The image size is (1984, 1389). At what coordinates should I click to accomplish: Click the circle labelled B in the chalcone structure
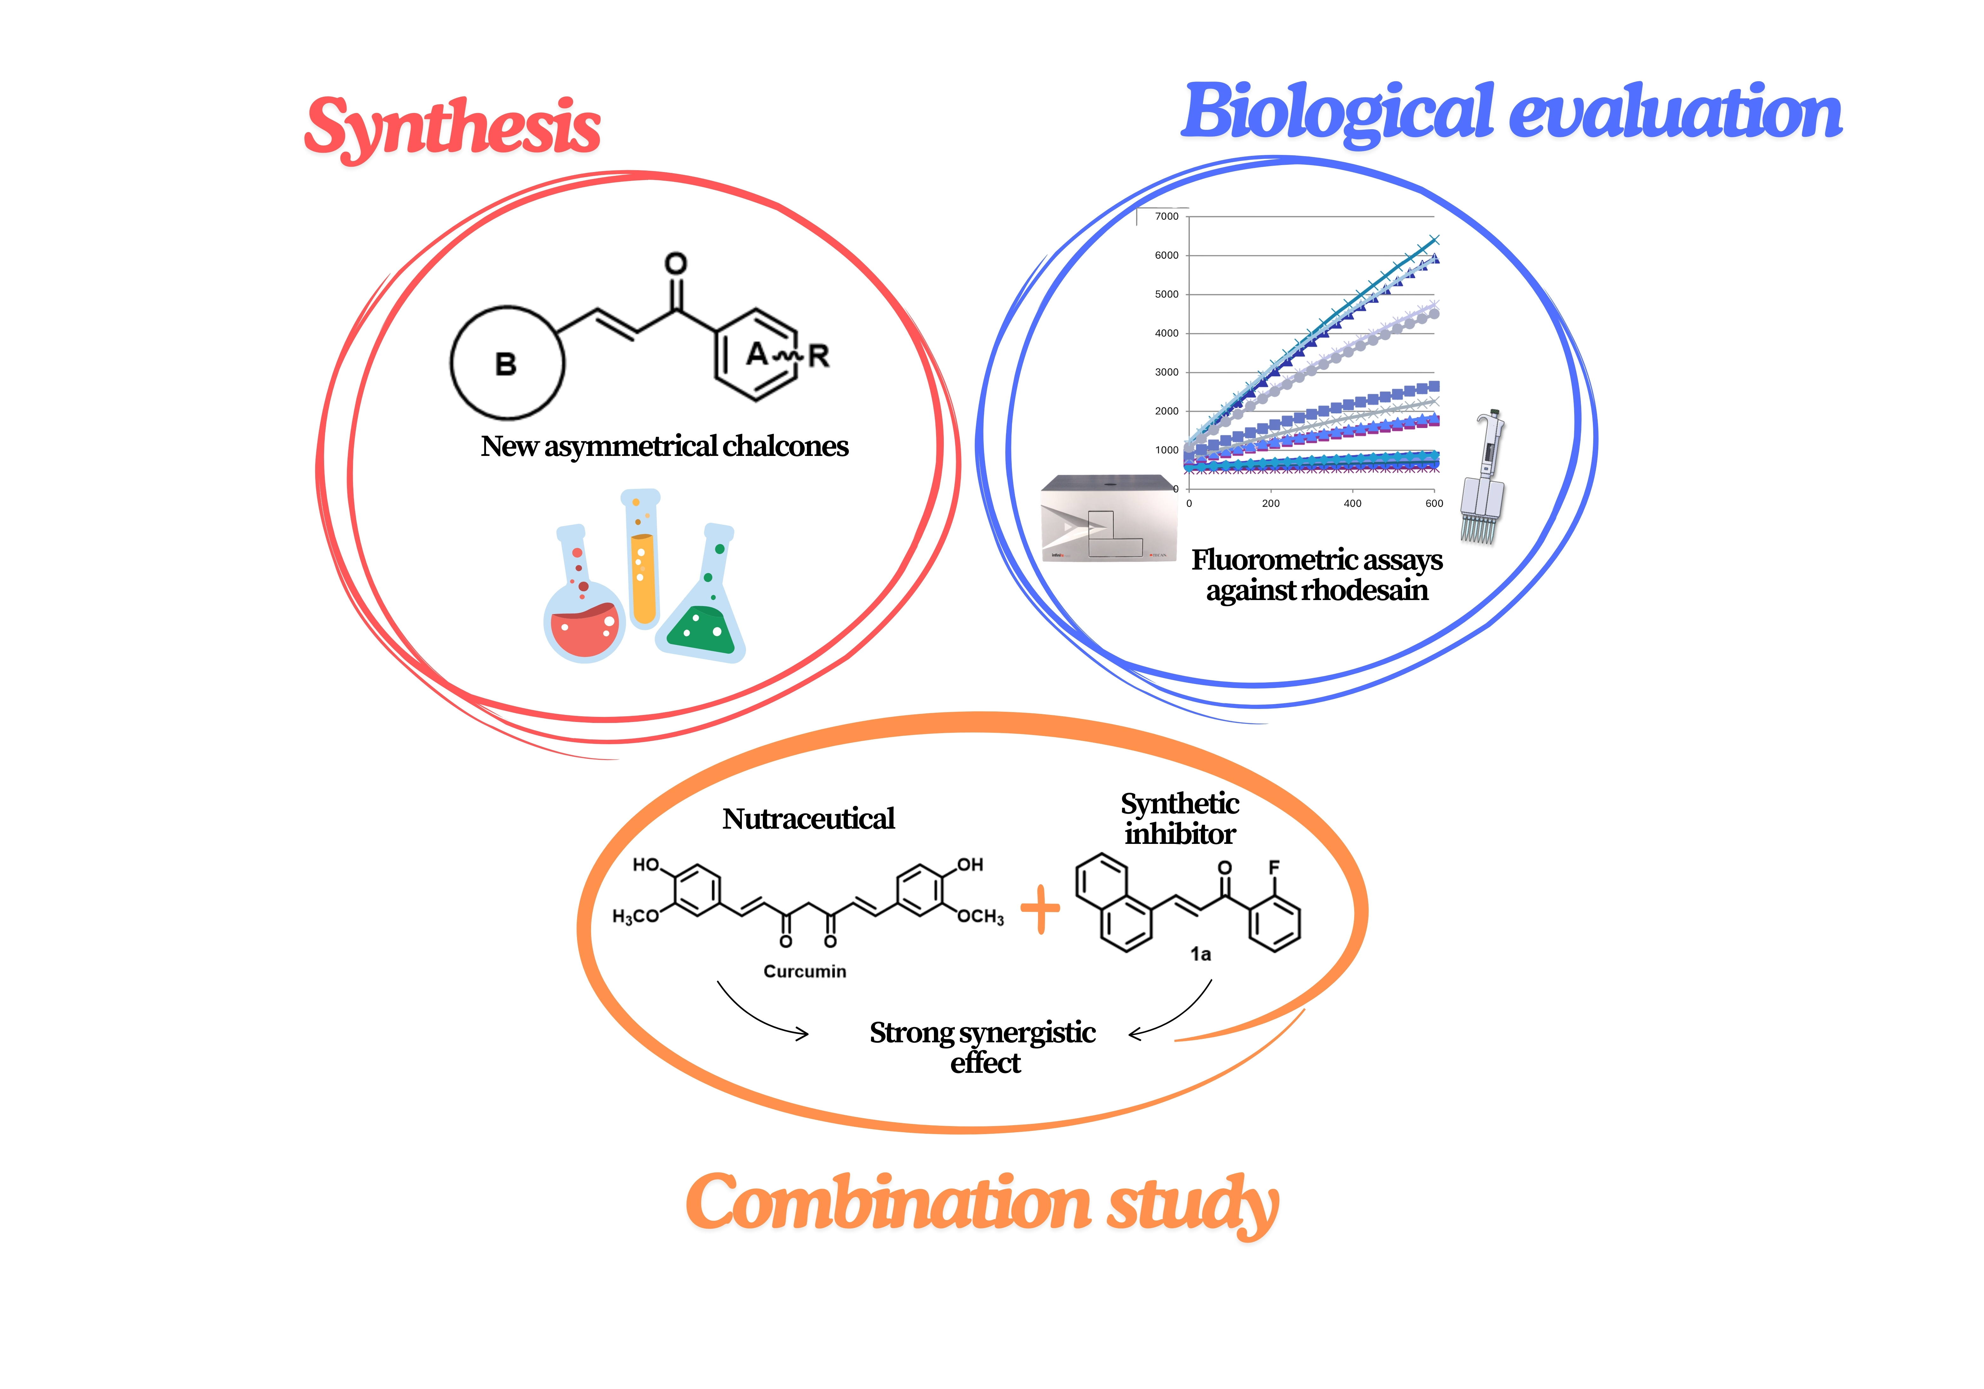pyautogui.click(x=507, y=363)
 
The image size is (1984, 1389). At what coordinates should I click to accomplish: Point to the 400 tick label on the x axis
pyautogui.click(x=1352, y=503)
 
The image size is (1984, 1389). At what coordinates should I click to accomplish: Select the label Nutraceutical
pyautogui.click(x=808, y=818)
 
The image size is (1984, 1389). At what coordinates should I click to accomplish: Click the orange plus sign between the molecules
pyautogui.click(x=1040, y=909)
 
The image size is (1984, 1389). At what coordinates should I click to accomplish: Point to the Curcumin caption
pyautogui.click(x=804, y=972)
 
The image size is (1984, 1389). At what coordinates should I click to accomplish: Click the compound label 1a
pyautogui.click(x=1200, y=954)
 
